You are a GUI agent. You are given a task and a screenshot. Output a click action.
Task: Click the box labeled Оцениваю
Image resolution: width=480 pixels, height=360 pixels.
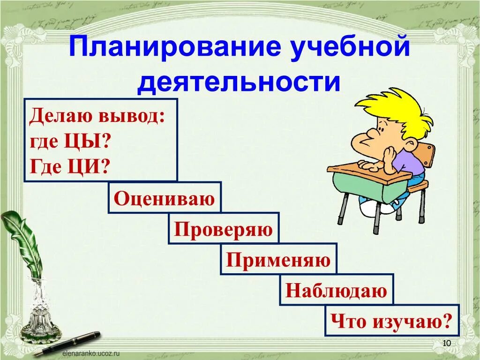165,198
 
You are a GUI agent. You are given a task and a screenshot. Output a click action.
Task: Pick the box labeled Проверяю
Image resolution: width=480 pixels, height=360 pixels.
224,229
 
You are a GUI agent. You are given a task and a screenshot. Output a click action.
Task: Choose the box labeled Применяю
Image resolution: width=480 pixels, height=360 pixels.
278,259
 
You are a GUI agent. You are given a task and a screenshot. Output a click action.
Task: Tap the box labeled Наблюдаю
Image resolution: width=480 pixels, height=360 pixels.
337,290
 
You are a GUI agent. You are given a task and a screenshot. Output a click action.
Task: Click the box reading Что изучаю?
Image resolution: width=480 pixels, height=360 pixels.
392,321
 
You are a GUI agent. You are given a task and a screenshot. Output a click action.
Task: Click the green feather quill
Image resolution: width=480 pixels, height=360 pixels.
21,239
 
